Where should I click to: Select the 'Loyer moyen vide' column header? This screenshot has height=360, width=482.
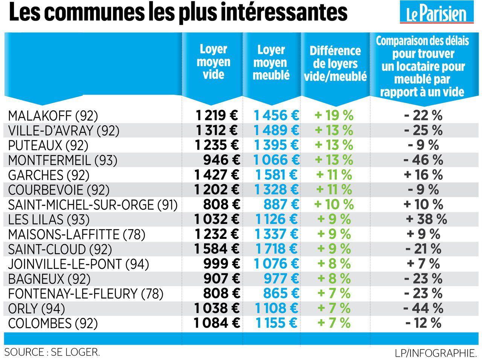214,62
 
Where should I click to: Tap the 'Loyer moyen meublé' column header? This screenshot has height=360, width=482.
271,62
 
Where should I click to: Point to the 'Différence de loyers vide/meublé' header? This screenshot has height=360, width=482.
335,64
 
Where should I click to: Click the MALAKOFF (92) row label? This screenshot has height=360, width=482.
53,116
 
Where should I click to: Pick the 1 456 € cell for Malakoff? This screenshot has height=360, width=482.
276,115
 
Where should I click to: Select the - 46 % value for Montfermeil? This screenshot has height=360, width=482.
423,160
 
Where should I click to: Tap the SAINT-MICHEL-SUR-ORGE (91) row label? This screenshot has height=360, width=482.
93,205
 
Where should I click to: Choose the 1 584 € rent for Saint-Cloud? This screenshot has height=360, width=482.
217,249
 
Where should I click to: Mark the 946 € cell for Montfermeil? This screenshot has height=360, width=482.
221,160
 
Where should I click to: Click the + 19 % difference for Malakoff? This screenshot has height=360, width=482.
334,115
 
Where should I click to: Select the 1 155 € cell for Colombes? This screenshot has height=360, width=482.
276,323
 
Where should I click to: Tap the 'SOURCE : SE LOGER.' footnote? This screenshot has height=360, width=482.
52,352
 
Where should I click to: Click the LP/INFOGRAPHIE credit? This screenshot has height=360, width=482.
436,353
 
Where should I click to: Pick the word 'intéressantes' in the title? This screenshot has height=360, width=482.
283,13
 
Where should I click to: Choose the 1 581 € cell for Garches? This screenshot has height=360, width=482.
276,175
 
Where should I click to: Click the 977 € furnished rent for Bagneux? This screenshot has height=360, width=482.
281,279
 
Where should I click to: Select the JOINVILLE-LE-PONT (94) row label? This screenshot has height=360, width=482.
78,264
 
